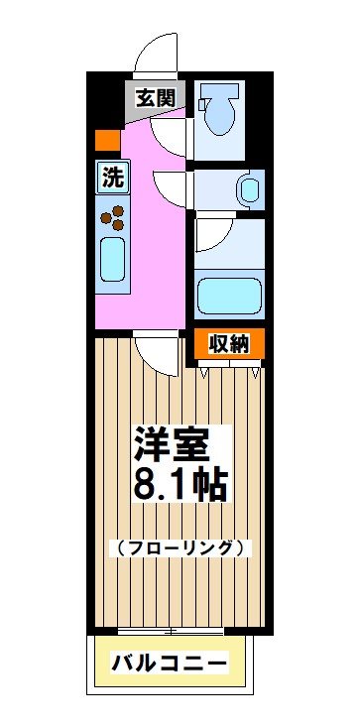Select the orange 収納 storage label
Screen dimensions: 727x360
[x=228, y=343]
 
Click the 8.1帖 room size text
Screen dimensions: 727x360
[x=180, y=484]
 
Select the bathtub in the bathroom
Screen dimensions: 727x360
[x=228, y=296]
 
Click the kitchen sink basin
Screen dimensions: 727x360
[x=111, y=261]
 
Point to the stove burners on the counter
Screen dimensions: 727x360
[x=112, y=214]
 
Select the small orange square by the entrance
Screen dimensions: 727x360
[x=102, y=140]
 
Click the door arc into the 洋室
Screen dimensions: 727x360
[x=154, y=349]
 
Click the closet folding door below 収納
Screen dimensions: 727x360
[x=229, y=367]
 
